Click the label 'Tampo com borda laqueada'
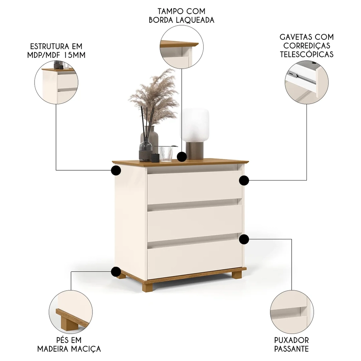[x=182, y=15]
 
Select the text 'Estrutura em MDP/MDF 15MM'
[x=56, y=51]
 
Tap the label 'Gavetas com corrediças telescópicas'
[x=306, y=46]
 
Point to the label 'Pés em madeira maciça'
[x=69, y=344]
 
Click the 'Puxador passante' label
[x=291, y=344]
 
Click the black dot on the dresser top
[x=182, y=157]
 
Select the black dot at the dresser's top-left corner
[x=116, y=170]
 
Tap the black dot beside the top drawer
[x=244, y=180]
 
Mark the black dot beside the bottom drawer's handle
[x=244, y=239]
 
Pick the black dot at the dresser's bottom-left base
[x=116, y=271]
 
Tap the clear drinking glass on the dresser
[x=166, y=153]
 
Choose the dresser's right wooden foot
[x=237, y=275]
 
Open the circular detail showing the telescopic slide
[x=306, y=82]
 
